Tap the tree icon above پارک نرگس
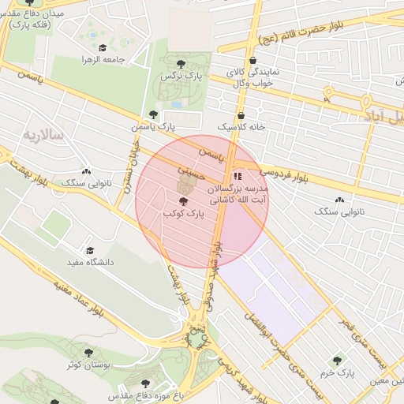[181, 62]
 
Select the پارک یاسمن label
[154, 125]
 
